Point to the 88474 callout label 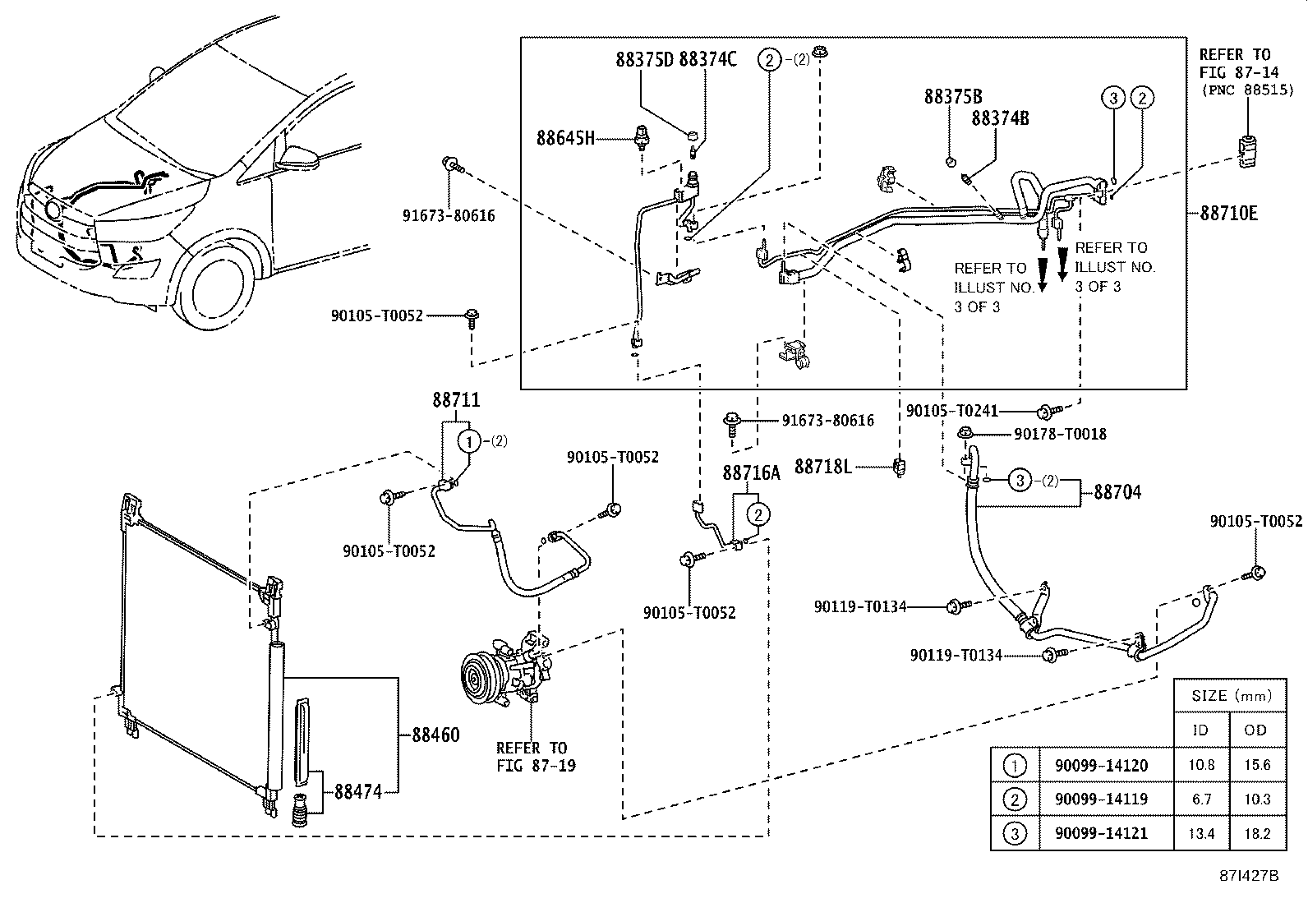click(357, 792)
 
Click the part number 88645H click(564, 138)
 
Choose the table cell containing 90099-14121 click(1089, 833)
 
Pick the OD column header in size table click(1255, 730)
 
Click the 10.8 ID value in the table click(1200, 765)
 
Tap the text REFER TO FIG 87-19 click(532, 756)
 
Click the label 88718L click(822, 467)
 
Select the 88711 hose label click(456, 400)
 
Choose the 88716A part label click(751, 472)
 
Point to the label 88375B click(952, 96)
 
